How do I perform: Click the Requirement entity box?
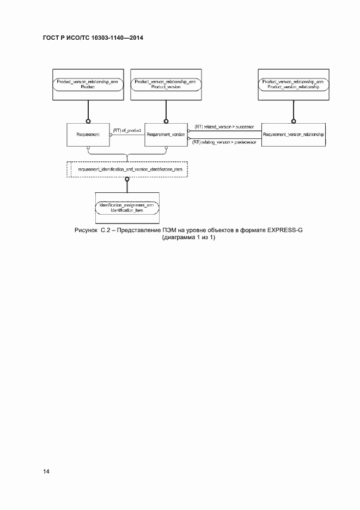point(88,134)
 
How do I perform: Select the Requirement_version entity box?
point(165,134)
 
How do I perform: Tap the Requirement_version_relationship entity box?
point(293,134)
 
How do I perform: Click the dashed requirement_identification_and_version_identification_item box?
point(127,170)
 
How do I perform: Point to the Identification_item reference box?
point(126,208)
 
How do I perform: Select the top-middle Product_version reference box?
point(165,84)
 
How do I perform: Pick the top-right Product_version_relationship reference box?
point(293,84)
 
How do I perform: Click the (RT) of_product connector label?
point(127,130)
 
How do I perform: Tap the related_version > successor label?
point(224,126)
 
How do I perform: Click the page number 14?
point(45,470)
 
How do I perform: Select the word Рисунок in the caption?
point(85,230)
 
